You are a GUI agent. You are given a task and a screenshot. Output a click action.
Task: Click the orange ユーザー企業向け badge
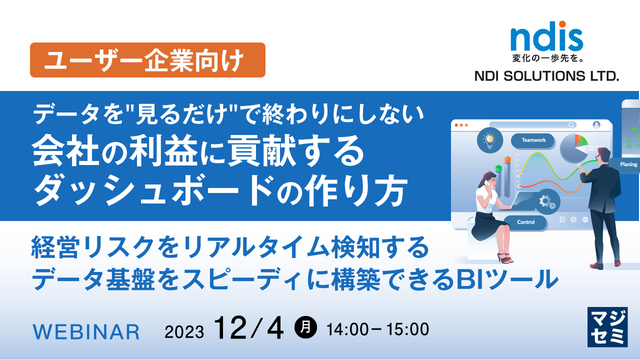point(147,60)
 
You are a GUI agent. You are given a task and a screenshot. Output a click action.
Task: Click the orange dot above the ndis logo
point(562,24)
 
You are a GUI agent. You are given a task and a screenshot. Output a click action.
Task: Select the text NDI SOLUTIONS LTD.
point(546,76)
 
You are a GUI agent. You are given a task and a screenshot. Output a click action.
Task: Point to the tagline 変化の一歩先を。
point(546,59)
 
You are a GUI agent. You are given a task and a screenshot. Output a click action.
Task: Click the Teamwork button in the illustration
point(533,140)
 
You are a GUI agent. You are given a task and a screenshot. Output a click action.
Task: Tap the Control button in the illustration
point(525,222)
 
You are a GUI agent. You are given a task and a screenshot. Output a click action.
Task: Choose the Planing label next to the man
point(628,164)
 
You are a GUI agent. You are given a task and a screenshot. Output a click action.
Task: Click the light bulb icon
point(489,139)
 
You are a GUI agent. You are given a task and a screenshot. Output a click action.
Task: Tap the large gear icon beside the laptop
point(544,201)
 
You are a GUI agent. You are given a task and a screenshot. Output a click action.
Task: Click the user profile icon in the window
point(596,125)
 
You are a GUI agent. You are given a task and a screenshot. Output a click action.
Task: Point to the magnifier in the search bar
point(571,125)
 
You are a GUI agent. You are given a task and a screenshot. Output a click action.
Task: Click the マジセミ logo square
point(607,327)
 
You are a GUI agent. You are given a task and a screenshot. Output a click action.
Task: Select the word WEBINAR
point(86,331)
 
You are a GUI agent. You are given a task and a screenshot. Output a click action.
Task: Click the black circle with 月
point(305,328)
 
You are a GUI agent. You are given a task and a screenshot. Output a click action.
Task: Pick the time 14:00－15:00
point(377,329)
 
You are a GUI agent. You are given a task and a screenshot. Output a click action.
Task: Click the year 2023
point(184,331)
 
